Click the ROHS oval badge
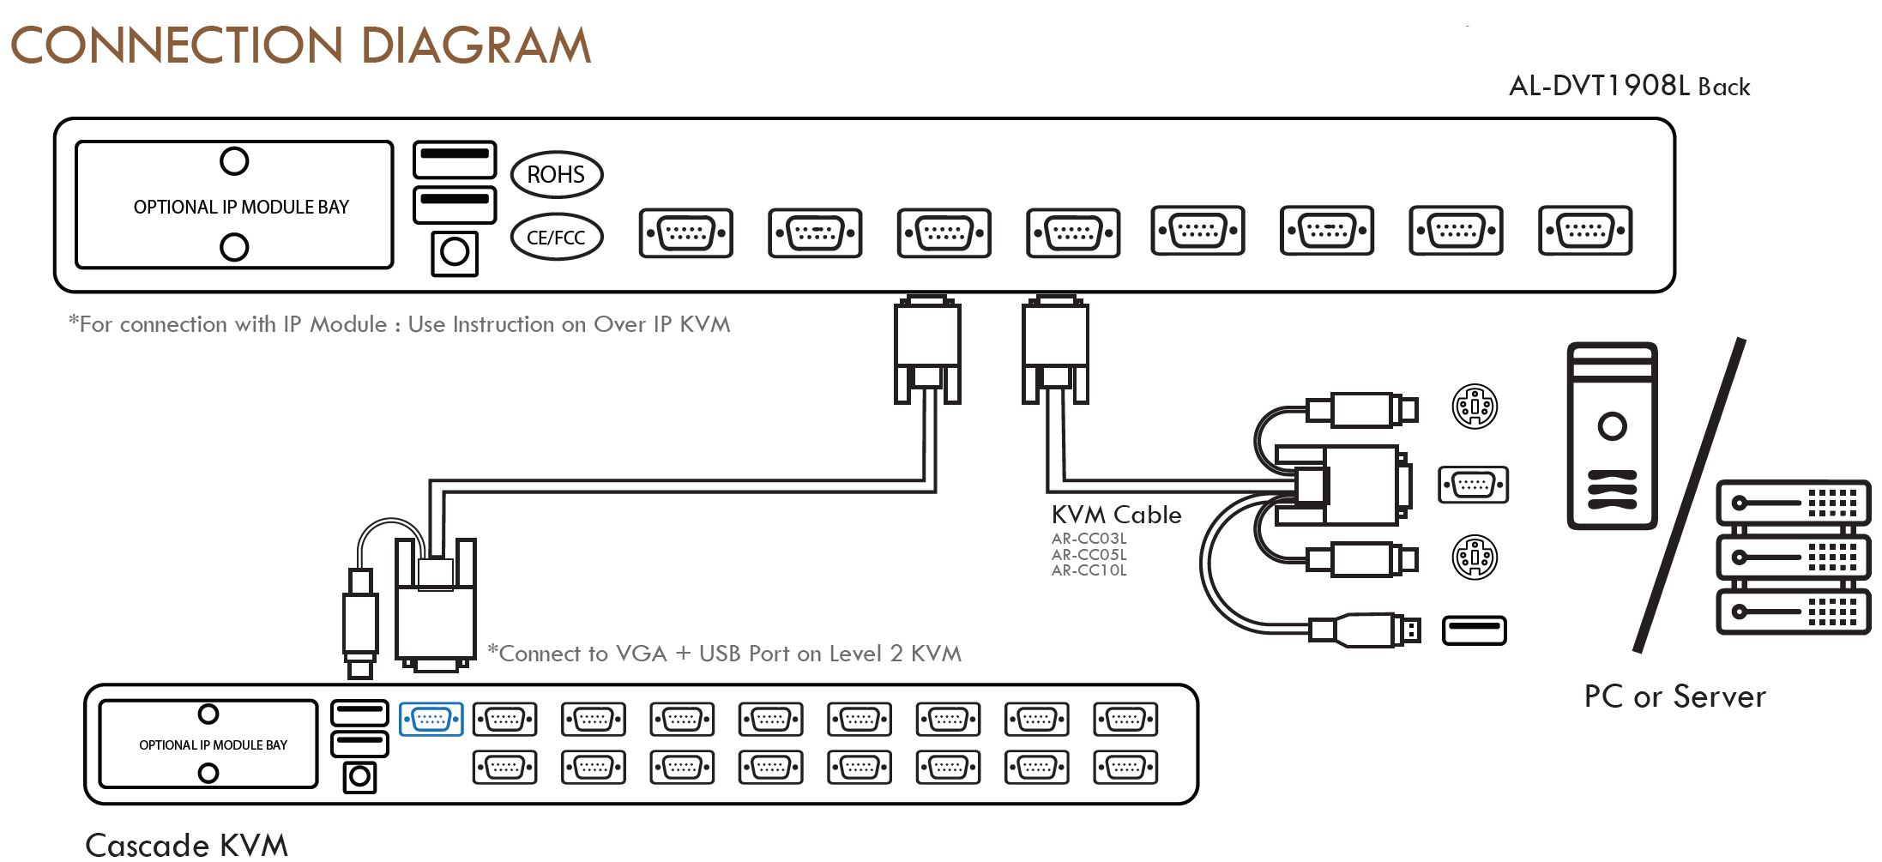(557, 174)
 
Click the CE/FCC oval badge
(557, 237)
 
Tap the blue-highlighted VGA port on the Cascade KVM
(431, 719)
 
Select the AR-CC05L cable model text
(1089, 555)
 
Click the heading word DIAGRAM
(476, 45)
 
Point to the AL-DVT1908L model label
(1599, 86)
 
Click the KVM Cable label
(1116, 515)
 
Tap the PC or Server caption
(1674, 696)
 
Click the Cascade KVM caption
(186, 845)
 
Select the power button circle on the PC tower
(1612, 426)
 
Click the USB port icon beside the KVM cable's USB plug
(1474, 630)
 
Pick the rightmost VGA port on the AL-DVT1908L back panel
(1585, 230)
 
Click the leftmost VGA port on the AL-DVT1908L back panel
(686, 232)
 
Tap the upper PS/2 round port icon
(1475, 407)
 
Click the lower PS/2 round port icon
(1475, 558)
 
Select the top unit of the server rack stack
(1792, 503)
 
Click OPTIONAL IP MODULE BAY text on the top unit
(241, 207)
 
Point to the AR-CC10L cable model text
(1089, 570)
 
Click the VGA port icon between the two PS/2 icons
(1473, 485)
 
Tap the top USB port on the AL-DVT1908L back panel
(455, 160)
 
